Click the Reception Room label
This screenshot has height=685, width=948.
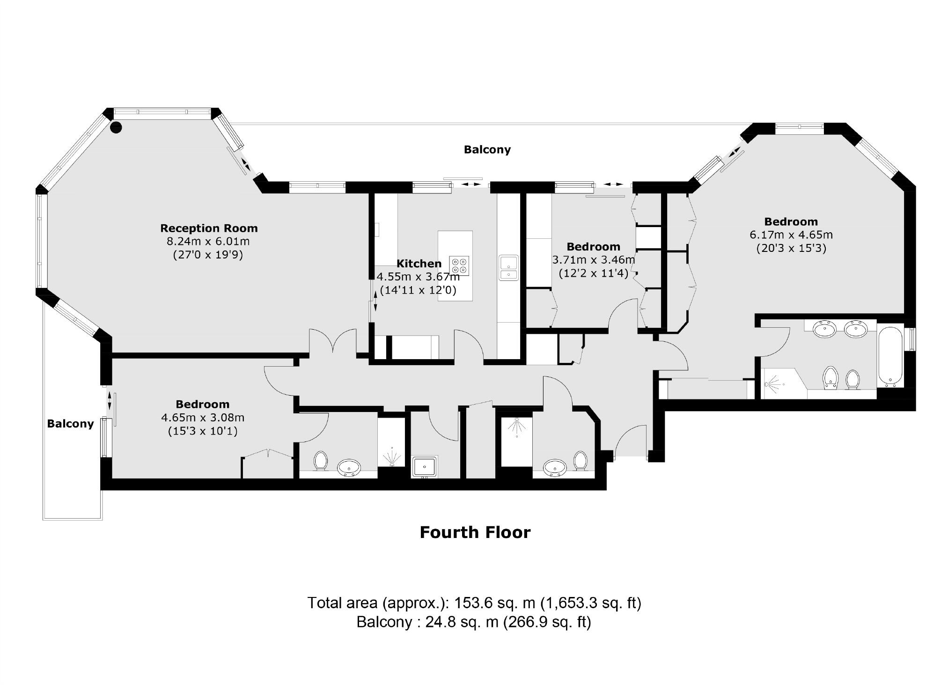point(209,228)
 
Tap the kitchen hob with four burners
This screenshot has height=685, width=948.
point(459,265)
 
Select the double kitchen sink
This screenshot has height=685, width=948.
point(508,267)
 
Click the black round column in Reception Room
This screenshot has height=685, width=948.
point(116,127)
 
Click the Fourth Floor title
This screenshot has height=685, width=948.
point(475,532)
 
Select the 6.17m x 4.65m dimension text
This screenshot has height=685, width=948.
point(791,235)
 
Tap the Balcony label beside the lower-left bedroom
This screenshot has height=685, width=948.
point(70,424)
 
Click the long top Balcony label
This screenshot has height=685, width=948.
point(487,149)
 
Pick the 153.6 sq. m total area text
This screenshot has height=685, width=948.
point(474,603)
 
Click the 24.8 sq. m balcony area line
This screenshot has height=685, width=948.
point(474,622)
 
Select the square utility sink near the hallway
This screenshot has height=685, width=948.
point(425,466)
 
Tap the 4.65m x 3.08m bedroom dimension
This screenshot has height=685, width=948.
point(203,417)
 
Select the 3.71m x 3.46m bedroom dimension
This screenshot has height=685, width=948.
point(594,259)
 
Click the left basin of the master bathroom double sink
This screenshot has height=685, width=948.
point(825,330)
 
